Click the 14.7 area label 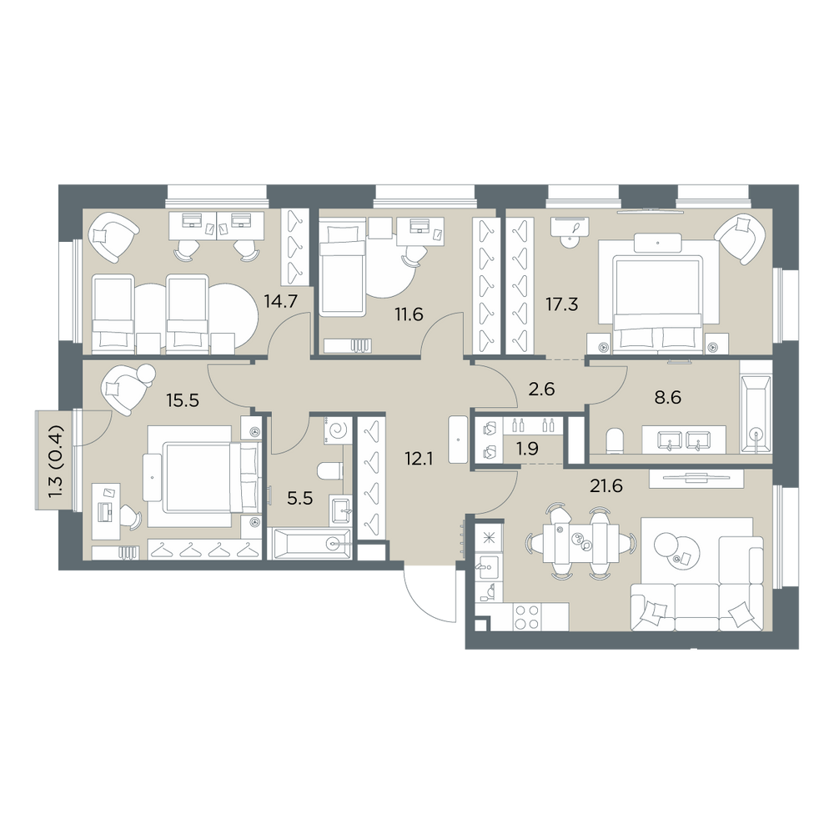click(x=280, y=302)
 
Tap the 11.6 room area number click(x=409, y=314)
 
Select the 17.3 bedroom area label click(x=561, y=304)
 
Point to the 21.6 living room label click(x=606, y=485)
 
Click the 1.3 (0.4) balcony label click(x=56, y=461)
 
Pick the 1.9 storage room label click(x=528, y=449)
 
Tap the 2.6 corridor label click(x=541, y=389)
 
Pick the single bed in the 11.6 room click(x=342, y=269)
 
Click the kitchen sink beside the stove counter click(x=488, y=567)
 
